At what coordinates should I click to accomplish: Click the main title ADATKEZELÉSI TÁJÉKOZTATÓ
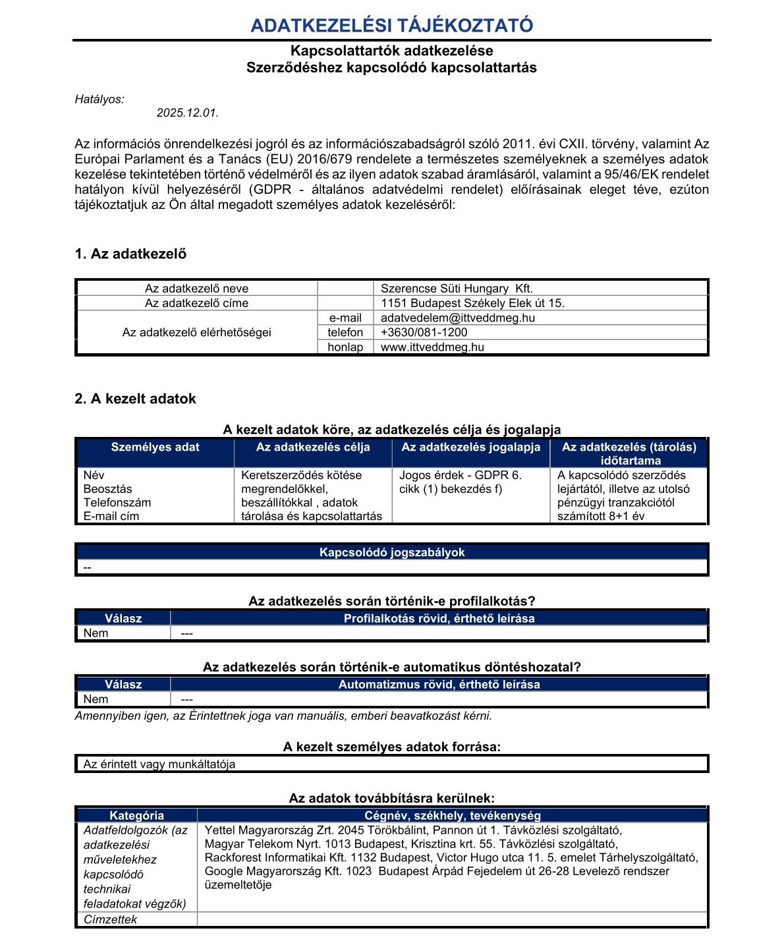(391, 26)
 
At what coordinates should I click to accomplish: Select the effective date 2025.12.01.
(187, 113)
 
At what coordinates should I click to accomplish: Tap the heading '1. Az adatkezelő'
(130, 254)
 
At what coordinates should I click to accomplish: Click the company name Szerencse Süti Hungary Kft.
(457, 289)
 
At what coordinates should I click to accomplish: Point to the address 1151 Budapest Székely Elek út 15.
(472, 303)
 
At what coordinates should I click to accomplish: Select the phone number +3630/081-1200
(424, 332)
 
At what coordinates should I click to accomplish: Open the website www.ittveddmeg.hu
(432, 347)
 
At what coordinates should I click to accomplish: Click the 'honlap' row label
(345, 347)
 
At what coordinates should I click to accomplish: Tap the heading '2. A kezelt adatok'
(135, 399)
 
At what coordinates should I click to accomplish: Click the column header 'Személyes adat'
(155, 447)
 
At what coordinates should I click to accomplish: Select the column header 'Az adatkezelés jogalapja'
(470, 447)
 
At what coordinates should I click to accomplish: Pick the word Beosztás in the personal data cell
(107, 489)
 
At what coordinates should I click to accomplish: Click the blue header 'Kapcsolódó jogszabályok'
(392, 552)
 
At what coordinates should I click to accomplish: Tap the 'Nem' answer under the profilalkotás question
(96, 633)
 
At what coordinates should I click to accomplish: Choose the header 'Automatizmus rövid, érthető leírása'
(439, 685)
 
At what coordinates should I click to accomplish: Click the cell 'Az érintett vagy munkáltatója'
(159, 764)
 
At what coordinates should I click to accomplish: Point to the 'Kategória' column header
(136, 815)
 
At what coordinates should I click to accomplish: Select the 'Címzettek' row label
(110, 919)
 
